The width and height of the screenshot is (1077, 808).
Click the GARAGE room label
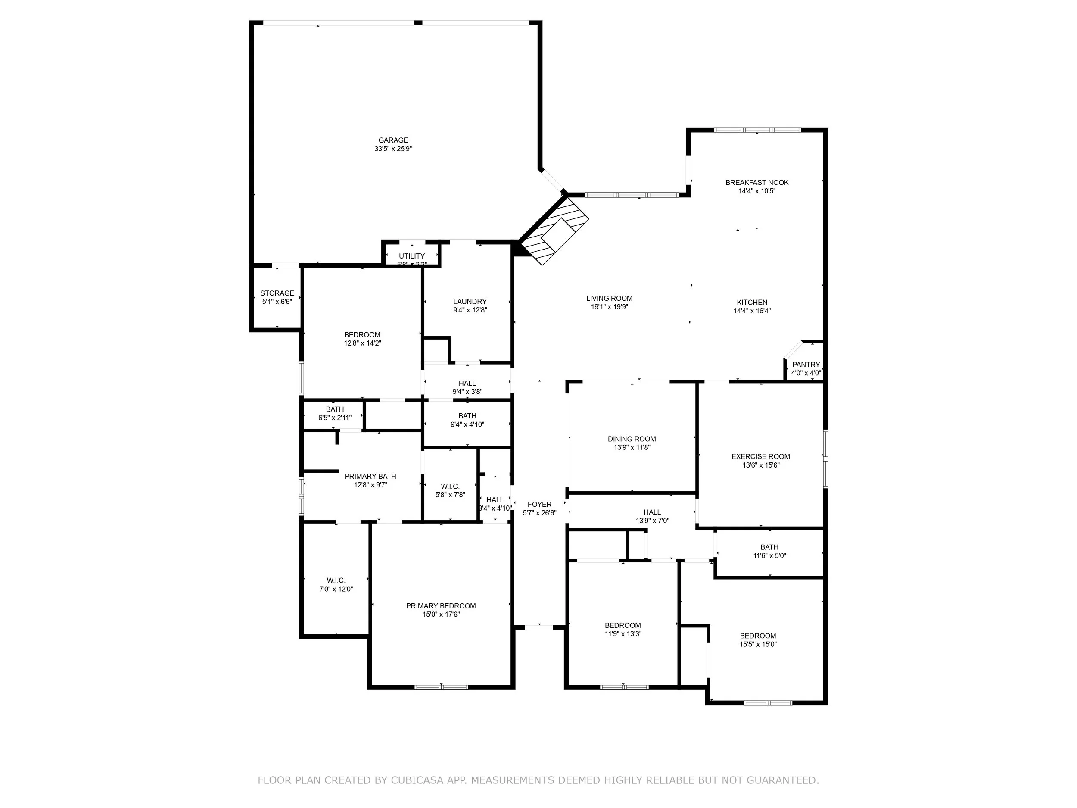point(393,140)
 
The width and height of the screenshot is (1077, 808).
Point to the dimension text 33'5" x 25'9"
point(393,149)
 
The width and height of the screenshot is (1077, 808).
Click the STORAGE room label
point(277,293)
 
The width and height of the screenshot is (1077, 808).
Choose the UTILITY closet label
point(412,256)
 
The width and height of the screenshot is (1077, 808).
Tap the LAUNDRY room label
point(470,302)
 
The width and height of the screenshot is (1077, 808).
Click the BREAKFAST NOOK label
point(756,183)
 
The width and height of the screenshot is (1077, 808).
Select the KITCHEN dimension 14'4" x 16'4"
point(752,311)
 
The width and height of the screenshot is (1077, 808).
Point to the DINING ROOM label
point(632,439)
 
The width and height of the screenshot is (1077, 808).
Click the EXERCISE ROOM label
point(760,456)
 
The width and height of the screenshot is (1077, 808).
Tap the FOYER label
point(539,505)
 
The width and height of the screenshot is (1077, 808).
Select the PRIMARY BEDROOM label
point(441,606)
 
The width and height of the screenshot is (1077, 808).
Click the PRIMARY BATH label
point(370,476)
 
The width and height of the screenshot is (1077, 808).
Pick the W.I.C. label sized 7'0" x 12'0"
point(336,580)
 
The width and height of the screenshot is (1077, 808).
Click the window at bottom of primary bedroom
point(441,687)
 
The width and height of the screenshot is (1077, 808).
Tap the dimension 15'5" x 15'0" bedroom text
point(758,644)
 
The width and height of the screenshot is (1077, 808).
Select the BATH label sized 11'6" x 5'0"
point(769,547)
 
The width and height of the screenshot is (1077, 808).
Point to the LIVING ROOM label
point(609,299)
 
